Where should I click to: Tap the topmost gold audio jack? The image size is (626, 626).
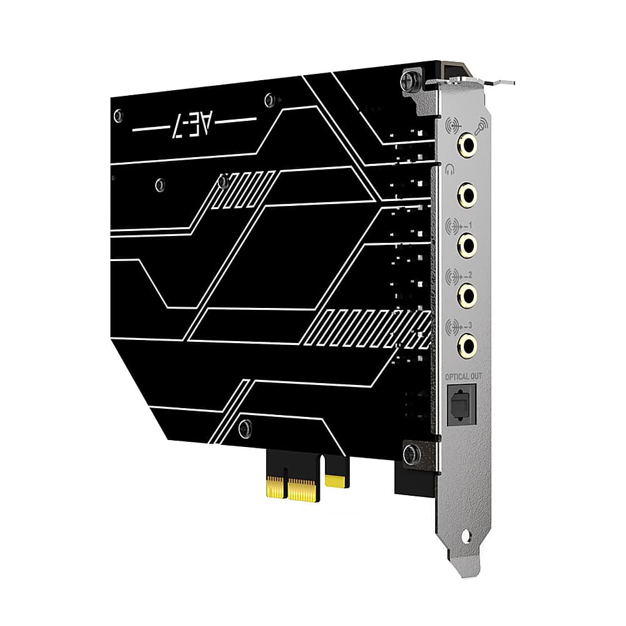(467, 145)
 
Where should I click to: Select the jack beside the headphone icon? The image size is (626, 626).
(467, 194)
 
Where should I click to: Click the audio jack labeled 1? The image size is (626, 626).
(467, 244)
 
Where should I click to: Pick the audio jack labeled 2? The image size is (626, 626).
(467, 294)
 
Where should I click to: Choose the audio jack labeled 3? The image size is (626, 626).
(467, 344)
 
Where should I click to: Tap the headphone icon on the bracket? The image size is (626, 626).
(449, 167)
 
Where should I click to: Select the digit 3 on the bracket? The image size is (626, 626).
(469, 324)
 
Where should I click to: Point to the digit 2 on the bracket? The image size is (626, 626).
(469, 274)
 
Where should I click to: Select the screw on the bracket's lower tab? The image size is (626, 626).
(411, 453)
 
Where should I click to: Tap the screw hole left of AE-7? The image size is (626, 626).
(118, 115)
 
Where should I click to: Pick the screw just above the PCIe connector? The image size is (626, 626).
(245, 428)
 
